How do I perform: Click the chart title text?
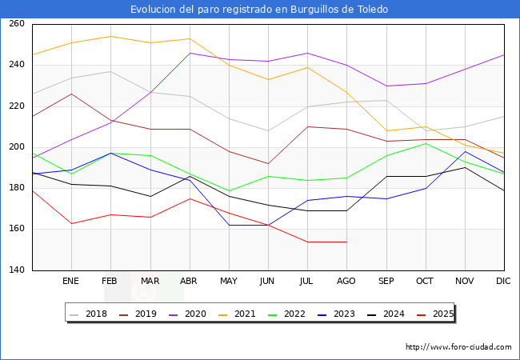tap(260, 10)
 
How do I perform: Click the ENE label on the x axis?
tap(71, 282)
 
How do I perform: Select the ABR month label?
tap(189, 282)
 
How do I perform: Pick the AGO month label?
tap(346, 282)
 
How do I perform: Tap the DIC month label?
tap(503, 282)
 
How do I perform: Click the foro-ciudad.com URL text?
tap(458, 347)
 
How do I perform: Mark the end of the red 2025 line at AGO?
tap(346, 242)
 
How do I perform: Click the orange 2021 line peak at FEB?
tap(110, 36)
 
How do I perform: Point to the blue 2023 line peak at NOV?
tap(465, 151)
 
